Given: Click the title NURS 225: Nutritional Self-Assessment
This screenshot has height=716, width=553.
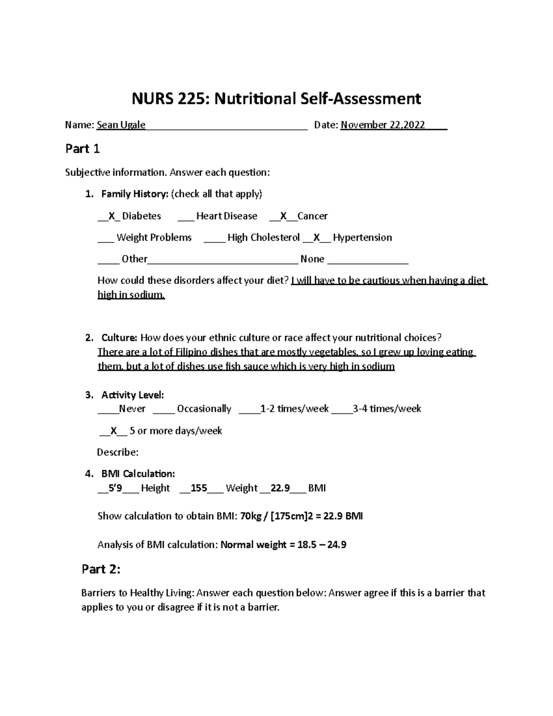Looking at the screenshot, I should tap(276, 98).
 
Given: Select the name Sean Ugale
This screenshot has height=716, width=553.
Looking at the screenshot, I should tap(121, 125).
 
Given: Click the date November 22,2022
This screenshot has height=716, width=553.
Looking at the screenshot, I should tap(382, 125).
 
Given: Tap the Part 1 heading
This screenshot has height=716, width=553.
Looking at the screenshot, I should tap(82, 149).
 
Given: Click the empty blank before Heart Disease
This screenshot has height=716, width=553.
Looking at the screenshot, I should tap(185, 216).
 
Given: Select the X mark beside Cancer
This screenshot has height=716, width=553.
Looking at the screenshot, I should tap(283, 216).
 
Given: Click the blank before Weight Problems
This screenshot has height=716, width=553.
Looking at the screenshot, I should tap(106, 238).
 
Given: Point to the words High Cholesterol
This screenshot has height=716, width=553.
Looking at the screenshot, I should tap(264, 238).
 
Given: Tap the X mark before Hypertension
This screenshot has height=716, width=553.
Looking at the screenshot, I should tap(317, 238).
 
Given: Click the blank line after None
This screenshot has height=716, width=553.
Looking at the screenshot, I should tap(367, 260).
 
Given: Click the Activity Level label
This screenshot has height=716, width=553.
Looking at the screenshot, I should tap(132, 395).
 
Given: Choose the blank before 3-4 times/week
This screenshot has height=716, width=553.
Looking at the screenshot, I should tap(341, 409).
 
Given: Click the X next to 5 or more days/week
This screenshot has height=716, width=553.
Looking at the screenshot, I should tap(113, 431).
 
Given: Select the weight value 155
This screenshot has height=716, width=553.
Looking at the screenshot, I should tap(199, 488).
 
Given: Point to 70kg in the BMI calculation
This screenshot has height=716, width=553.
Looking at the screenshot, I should tap(250, 516).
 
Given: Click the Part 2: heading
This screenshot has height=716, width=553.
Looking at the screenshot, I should tap(101, 569).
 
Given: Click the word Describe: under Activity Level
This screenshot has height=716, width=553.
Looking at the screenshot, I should tap(118, 452).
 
